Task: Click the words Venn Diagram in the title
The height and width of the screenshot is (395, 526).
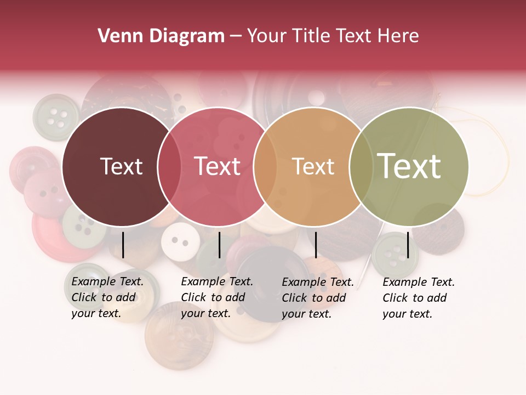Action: (x=161, y=36)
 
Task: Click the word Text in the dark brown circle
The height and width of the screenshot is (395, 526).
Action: (x=121, y=166)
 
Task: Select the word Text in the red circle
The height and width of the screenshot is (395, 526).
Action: (x=218, y=166)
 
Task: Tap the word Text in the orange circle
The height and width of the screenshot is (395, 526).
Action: (x=313, y=166)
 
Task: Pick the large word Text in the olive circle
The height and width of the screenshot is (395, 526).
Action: (x=409, y=166)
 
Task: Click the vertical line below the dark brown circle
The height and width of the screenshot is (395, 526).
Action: (x=123, y=245)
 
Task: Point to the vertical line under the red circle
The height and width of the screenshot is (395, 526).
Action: (x=219, y=245)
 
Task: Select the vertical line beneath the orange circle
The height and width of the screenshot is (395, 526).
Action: (x=316, y=245)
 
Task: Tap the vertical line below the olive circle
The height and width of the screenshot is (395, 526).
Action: (x=408, y=245)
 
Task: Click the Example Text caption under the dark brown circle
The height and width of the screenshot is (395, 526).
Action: (x=107, y=297)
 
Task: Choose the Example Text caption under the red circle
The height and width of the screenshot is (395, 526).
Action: (x=217, y=297)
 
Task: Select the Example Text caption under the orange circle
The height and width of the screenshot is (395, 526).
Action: (x=318, y=298)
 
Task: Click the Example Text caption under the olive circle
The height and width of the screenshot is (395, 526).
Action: (x=419, y=298)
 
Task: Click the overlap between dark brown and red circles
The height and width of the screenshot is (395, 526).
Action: (x=169, y=166)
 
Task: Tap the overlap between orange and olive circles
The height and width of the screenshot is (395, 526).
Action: (x=360, y=166)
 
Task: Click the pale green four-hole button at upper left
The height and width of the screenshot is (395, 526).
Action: (x=56, y=117)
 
